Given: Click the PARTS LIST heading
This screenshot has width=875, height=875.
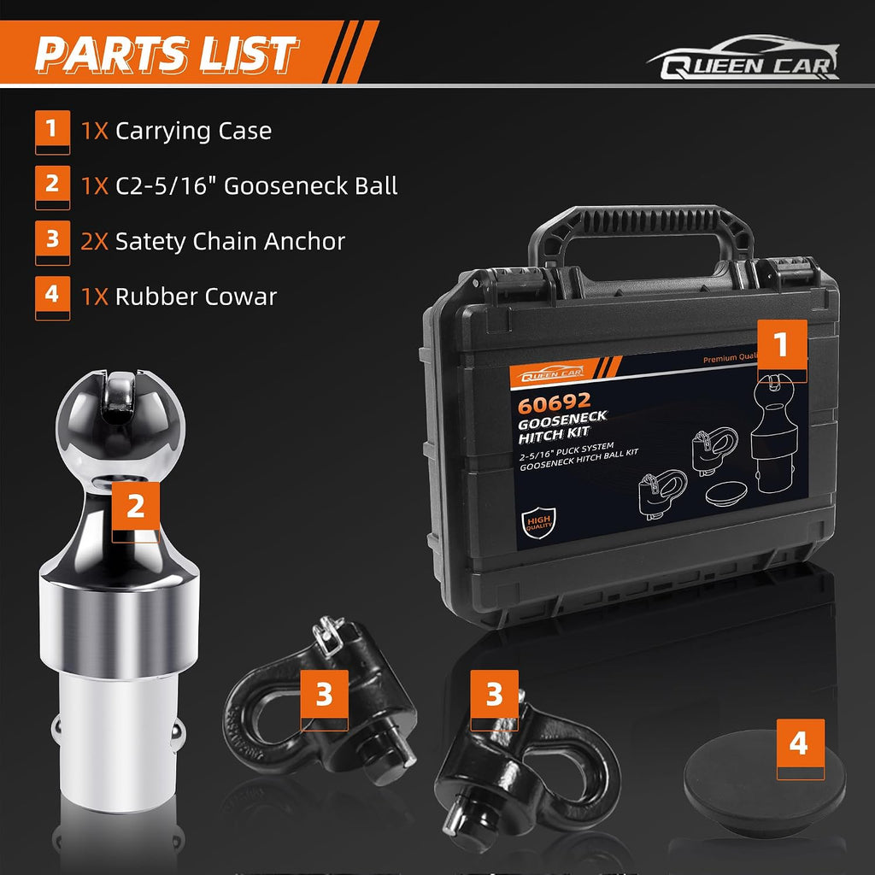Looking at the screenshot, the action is point(166,54).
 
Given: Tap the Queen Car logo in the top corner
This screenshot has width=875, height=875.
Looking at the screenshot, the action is point(743,58).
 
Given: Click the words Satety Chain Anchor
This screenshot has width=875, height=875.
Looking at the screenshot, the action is point(230,242).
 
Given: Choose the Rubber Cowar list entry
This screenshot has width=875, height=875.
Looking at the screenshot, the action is point(196,297).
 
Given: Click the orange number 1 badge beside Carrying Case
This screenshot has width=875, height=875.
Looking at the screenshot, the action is point(52,132).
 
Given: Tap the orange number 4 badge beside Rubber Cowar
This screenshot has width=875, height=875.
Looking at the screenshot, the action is point(52,298).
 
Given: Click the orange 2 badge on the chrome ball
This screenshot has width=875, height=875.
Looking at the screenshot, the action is point(136,512).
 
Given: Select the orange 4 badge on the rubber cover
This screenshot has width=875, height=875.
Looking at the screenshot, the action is point(800,749).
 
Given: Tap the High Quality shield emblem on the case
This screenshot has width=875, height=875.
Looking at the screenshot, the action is point(538,523).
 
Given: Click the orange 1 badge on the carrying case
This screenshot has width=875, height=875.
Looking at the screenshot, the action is point(782,350).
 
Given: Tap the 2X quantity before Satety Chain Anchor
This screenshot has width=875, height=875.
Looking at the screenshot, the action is point(95,242).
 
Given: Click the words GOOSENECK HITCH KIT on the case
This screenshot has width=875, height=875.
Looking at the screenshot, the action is point(562,427).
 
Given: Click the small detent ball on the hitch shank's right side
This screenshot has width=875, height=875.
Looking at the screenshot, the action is point(178,734).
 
